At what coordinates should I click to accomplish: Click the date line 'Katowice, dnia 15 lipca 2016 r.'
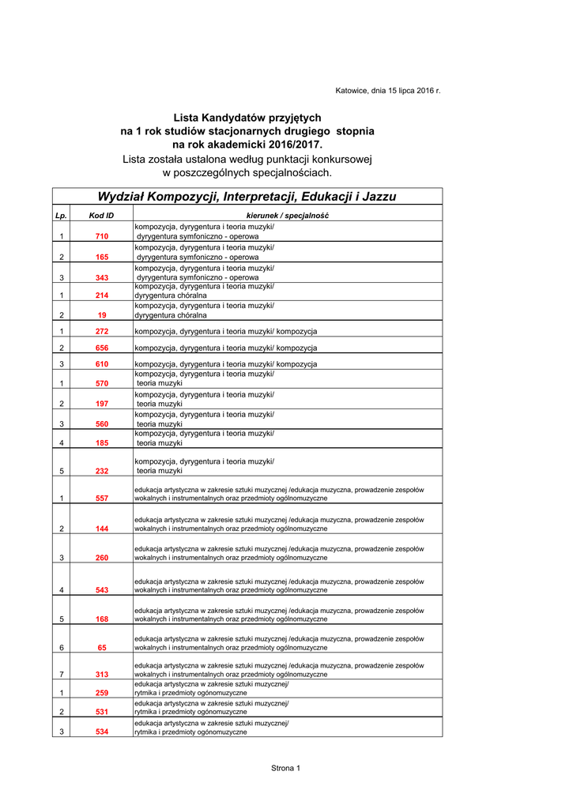coord(387,92)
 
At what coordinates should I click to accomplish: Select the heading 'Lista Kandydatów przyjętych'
coord(247,117)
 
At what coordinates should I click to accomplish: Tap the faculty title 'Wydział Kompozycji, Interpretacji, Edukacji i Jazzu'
coord(247,197)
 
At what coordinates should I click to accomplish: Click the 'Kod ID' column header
coord(101,216)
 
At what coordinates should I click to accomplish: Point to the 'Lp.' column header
coord(61,216)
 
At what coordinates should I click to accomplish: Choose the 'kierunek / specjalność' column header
coord(288,216)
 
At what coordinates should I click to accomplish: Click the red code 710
coord(102,236)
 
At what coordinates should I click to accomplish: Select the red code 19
coord(102,314)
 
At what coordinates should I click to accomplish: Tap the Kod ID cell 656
coord(102,348)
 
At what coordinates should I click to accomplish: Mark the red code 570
coord(102,383)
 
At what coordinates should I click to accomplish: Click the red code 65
coord(102,648)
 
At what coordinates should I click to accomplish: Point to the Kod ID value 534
coord(102,732)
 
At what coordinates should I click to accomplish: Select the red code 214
coord(102,295)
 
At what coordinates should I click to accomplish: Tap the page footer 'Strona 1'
coord(285,768)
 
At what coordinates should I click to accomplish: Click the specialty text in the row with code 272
coord(226,331)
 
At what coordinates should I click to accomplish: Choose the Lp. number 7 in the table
coord(61,675)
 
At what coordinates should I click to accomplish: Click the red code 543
coord(102,590)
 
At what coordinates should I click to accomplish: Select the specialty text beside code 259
coord(211,688)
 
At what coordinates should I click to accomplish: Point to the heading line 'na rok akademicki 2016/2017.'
coord(247,145)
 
